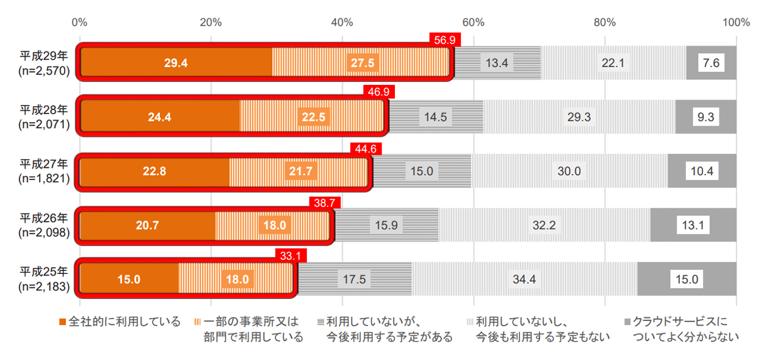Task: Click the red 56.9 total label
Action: tap(445, 39)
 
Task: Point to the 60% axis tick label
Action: tap(473, 23)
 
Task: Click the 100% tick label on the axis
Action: tap(735, 23)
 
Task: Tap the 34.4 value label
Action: tap(524, 279)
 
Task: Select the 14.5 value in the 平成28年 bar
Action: tap(436, 117)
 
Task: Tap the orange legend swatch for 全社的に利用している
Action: tap(62, 322)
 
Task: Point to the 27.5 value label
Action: tap(363, 63)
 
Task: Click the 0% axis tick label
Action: tap(79, 23)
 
